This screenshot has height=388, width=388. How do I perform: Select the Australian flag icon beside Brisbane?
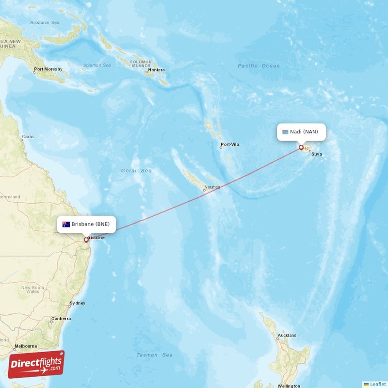[66, 224]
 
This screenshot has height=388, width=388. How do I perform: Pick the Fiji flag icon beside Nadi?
[286, 132]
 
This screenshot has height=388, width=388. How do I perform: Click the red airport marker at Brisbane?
[86, 239]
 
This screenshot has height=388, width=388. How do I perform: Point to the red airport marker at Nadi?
[301, 147]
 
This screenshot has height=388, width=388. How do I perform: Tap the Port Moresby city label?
[48, 69]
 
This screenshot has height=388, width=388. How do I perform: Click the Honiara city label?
[157, 70]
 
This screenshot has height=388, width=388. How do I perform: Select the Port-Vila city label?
[230, 145]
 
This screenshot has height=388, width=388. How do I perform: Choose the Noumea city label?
[212, 187]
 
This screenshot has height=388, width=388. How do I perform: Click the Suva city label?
[316, 154]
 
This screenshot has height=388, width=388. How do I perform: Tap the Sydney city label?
[78, 303]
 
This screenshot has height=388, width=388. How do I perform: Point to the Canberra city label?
[62, 319]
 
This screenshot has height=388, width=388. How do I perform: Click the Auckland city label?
[287, 335]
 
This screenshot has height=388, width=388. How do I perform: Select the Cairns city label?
[28, 137]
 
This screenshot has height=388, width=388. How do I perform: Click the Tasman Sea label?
[154, 355]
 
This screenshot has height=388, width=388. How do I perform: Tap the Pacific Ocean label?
[259, 66]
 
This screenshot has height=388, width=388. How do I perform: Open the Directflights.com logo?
[36, 364]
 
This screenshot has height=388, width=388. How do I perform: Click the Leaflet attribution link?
[377, 384]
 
